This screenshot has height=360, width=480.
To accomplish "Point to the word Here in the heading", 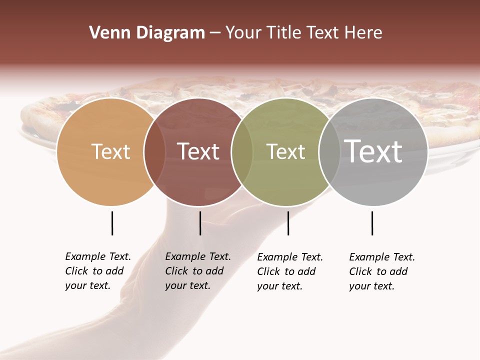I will tap(364, 33).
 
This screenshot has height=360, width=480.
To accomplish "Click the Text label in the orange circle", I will tap(110, 151).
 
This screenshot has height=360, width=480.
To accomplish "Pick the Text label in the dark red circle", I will tap(198, 151).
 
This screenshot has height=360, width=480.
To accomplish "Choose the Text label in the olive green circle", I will tap(285, 151).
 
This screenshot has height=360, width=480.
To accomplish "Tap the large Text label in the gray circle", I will tap(373, 151).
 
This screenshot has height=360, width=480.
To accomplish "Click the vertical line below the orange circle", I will tap(112, 223).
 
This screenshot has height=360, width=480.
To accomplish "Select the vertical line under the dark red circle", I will tap(200, 223).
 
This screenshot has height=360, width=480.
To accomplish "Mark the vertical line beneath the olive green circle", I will tap(288, 223).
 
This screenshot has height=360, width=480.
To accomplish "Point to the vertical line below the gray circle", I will tap(372, 223).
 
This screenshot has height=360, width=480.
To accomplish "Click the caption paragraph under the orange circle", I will tap(98, 271).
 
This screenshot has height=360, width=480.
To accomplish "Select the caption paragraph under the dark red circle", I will tap(198, 271).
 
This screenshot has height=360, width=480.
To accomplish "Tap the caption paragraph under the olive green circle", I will tap(290, 271).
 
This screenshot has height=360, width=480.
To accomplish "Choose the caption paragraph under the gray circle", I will tap(382, 271).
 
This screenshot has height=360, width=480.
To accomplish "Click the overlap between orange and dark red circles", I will tap(154, 151).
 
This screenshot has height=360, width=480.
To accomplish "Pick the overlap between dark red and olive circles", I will tap(242, 151).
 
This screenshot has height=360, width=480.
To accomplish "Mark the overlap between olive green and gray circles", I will tap(329, 151).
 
